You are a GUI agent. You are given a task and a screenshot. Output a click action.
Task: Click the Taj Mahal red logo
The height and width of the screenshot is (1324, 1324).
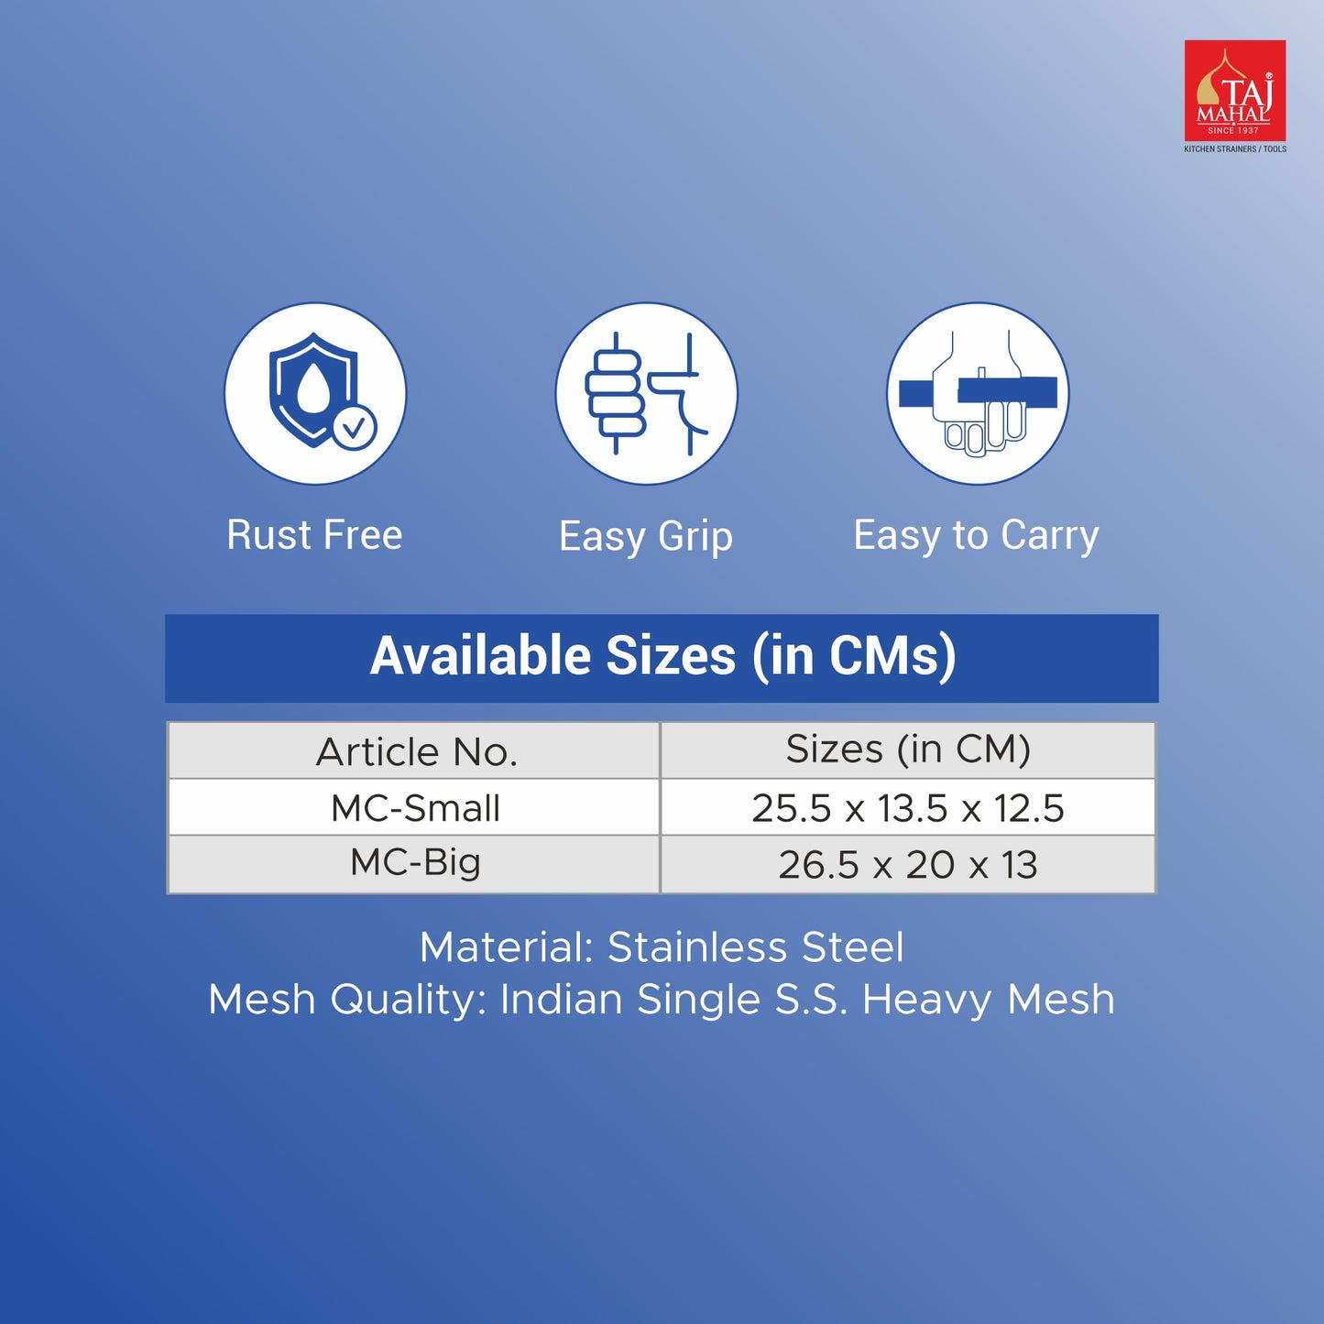[1235, 91]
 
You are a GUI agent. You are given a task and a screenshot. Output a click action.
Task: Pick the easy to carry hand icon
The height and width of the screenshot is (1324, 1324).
[978, 394]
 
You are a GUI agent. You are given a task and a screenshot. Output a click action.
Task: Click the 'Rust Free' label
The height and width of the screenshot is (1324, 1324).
[314, 535]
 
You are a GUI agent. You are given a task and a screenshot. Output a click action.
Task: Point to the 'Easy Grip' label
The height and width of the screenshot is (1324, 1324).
[646, 537]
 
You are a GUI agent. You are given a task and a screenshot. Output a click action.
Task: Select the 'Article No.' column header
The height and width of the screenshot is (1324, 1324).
[416, 751]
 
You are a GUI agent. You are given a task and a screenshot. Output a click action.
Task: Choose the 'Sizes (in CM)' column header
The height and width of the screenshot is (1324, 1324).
[908, 749]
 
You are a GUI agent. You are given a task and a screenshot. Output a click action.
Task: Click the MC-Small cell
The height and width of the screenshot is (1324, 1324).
[415, 808]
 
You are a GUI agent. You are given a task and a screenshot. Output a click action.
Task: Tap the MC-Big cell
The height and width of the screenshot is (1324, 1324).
[415, 864]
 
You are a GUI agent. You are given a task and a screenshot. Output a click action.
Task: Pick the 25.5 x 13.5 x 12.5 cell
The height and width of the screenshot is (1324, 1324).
[908, 808]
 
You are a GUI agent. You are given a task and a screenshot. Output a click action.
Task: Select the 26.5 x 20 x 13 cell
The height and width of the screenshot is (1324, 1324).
[908, 865]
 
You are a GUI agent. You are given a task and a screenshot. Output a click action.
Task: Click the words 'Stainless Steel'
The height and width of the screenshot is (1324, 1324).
[756, 947]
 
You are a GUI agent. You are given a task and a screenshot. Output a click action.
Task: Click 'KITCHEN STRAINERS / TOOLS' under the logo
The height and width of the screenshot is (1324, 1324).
[1235, 148]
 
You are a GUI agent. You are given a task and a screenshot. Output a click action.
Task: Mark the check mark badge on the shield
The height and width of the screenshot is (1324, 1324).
[355, 427]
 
